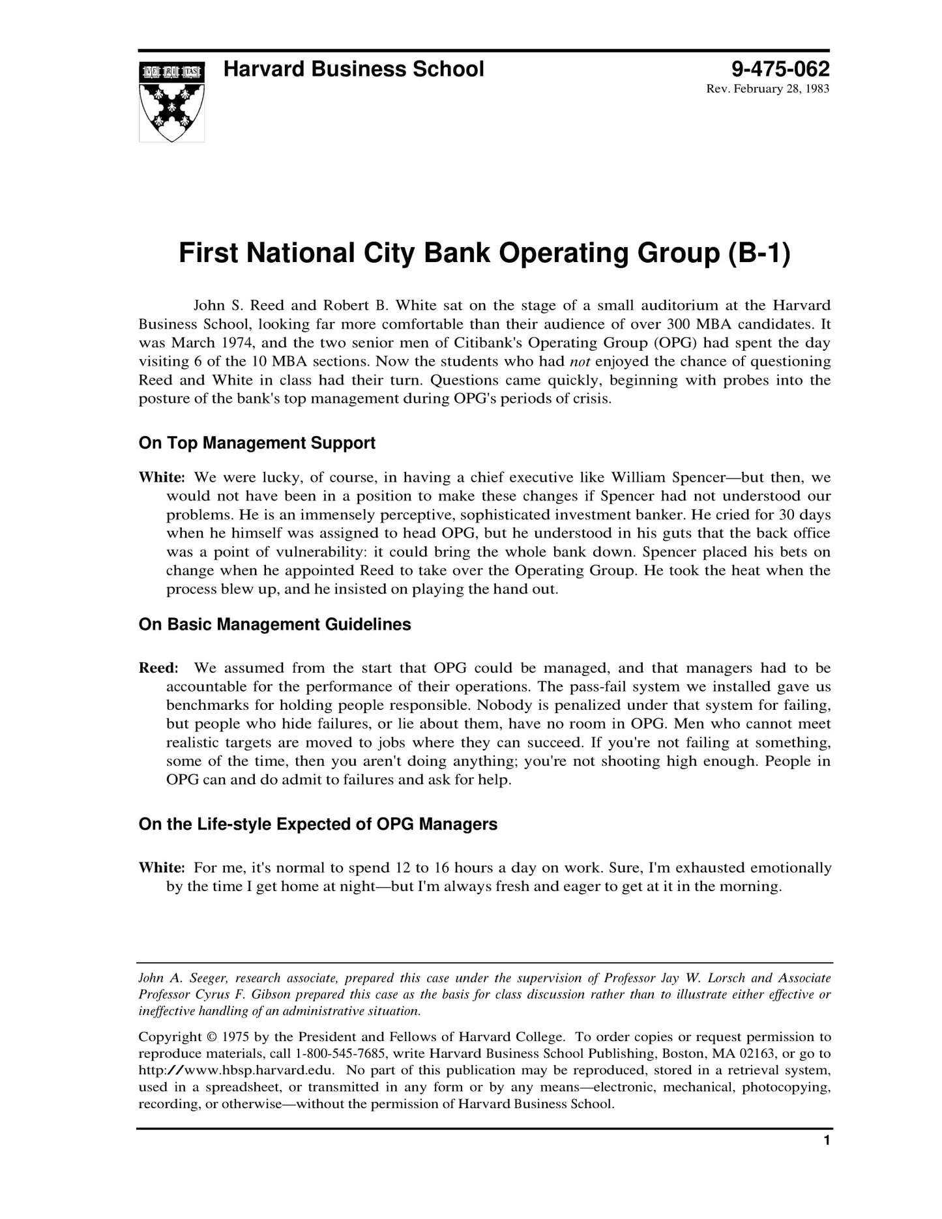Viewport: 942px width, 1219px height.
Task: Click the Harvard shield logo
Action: click(x=171, y=101)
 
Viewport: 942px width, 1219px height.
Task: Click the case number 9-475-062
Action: click(x=780, y=69)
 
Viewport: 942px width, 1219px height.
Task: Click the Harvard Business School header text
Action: click(x=353, y=69)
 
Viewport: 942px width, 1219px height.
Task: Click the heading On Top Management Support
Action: click(x=257, y=443)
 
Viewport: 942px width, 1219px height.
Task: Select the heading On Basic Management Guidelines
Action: click(x=274, y=624)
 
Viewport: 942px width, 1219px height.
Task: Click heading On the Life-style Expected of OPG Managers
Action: click(x=317, y=825)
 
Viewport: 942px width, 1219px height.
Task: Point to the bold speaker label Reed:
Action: click(x=158, y=668)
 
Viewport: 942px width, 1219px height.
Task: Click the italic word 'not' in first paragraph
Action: click(x=580, y=362)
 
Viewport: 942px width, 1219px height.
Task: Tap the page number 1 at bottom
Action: click(x=827, y=1158)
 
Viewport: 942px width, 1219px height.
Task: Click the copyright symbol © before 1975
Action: click(x=211, y=1037)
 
